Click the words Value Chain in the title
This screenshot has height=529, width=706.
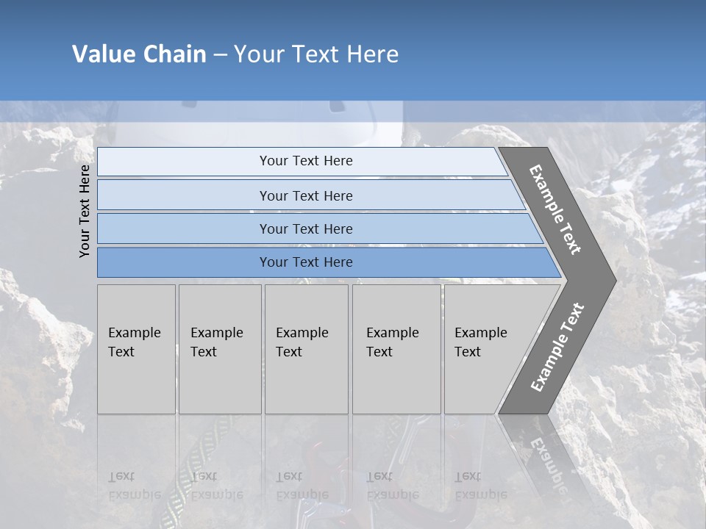click(x=139, y=54)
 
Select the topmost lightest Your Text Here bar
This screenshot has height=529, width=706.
click(x=305, y=161)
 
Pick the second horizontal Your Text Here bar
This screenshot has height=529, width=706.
click(x=305, y=195)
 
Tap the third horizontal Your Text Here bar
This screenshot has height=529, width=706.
click(x=305, y=228)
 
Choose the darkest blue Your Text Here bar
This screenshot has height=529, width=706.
click(x=305, y=262)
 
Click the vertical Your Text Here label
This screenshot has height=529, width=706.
click(x=85, y=211)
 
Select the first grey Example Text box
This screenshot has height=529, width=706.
click(x=136, y=349)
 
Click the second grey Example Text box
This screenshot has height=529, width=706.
click(x=219, y=349)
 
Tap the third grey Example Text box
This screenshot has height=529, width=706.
click(x=306, y=349)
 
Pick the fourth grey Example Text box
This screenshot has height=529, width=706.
click(x=396, y=349)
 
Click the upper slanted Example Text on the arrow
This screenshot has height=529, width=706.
click(x=555, y=210)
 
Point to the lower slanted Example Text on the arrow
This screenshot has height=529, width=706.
click(x=557, y=348)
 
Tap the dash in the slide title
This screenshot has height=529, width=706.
click(x=220, y=55)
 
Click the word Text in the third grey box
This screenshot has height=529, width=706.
click(x=289, y=352)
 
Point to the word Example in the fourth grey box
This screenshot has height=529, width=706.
click(x=392, y=333)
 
